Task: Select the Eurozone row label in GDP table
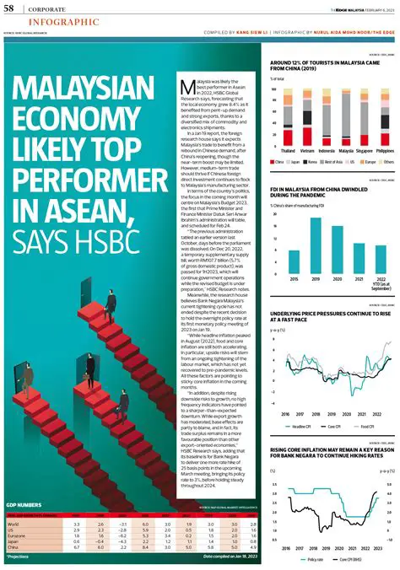pyautogui.click(x=16, y=535)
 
